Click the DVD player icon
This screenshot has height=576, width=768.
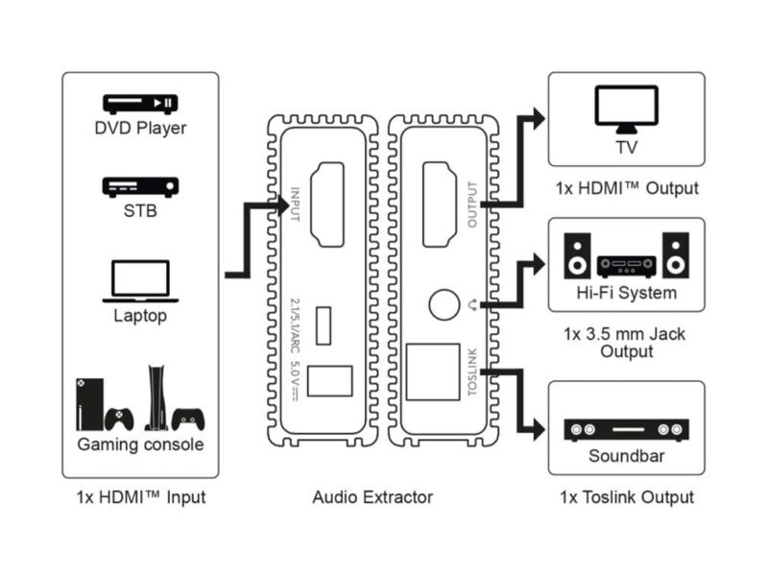coord(140,103)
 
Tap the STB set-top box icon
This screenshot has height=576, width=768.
coord(140,185)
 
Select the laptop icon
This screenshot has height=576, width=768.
coord(140,280)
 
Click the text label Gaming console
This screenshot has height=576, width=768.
coord(140,444)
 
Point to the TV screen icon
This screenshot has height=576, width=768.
coord(626,108)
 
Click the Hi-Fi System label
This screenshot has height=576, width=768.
coord(626,293)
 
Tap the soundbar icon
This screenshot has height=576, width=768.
coord(626,431)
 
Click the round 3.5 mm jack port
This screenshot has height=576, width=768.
coord(444,304)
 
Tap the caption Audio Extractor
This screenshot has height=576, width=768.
coord(372,497)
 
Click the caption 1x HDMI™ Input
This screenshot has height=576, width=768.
coord(140,497)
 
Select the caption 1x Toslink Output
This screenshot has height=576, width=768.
coord(626,497)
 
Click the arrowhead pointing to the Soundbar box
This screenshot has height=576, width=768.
coord(538,429)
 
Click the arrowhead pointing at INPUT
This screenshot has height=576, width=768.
coord(282,204)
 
